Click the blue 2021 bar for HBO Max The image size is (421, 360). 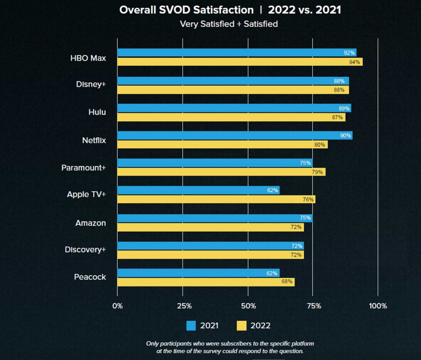click(x=236, y=53)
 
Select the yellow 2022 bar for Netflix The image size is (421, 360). click(x=222, y=145)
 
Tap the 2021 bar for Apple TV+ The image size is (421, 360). click(x=198, y=190)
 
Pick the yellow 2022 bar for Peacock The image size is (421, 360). click(x=206, y=282)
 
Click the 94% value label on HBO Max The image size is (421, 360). click(x=355, y=62)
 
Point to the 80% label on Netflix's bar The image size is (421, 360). click(x=320, y=145)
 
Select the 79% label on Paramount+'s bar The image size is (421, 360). click(x=317, y=172)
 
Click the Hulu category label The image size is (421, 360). click(x=97, y=112)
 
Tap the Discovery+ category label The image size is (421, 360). click(x=85, y=250)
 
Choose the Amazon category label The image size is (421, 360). click(x=90, y=223)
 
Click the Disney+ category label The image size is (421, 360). click(x=91, y=85)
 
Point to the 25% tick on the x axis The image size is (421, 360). click(x=184, y=306)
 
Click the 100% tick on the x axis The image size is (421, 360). click(x=378, y=306)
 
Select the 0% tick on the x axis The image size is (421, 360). click(x=118, y=306)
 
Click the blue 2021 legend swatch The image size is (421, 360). click(x=191, y=325)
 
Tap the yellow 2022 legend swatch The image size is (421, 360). click(x=242, y=325)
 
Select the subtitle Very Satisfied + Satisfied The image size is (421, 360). click(x=229, y=24)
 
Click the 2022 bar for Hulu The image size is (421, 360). click(x=231, y=117)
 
